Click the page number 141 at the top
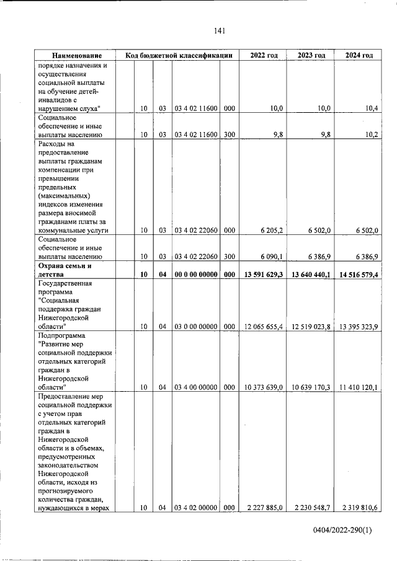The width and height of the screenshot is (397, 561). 219,31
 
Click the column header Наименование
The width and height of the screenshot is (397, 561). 76,55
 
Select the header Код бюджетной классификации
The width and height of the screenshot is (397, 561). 179,55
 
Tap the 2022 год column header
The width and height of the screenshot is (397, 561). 264,55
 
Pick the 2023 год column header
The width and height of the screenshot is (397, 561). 311,55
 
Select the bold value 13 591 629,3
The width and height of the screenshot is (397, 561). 262,273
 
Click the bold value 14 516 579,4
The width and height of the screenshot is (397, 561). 357,273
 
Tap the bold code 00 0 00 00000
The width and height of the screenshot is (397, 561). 195,273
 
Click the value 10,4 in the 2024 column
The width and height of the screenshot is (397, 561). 372,108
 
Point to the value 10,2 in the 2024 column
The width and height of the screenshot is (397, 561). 372,134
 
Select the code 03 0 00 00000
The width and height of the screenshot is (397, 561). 195,326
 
